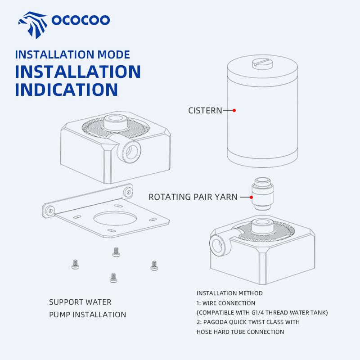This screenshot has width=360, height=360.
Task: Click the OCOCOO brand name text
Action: pyautogui.click(x=81, y=20)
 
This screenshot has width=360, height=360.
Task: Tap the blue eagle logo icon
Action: pyautogui.click(x=33, y=25)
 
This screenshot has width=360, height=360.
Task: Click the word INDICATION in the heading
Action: pyautogui.click(x=66, y=90)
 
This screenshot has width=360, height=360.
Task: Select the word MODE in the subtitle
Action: pyautogui.click(x=114, y=54)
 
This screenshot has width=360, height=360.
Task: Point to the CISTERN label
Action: pyautogui.click(x=205, y=111)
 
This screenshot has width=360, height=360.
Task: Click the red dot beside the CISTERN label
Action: pyautogui.click(x=234, y=110)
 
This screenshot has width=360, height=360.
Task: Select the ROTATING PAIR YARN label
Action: pyautogui.click(x=193, y=197)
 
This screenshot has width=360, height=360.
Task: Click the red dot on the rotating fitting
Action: pyautogui.click(x=252, y=197)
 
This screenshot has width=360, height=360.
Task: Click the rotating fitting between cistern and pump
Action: pyautogui.click(x=262, y=194)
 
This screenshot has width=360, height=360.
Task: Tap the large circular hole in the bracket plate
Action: pyautogui.click(x=115, y=218)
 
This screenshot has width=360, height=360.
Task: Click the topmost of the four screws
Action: pyautogui.click(x=116, y=252)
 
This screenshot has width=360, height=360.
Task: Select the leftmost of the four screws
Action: pyautogui.click(x=75, y=264)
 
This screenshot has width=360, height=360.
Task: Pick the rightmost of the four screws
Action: pyautogui.click(x=154, y=265)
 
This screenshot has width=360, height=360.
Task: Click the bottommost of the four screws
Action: pyautogui.click(x=113, y=278)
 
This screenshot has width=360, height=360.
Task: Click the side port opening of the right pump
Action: pyautogui.click(x=217, y=245)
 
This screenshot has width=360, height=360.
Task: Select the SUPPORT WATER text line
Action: pyautogui.click(x=80, y=302)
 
